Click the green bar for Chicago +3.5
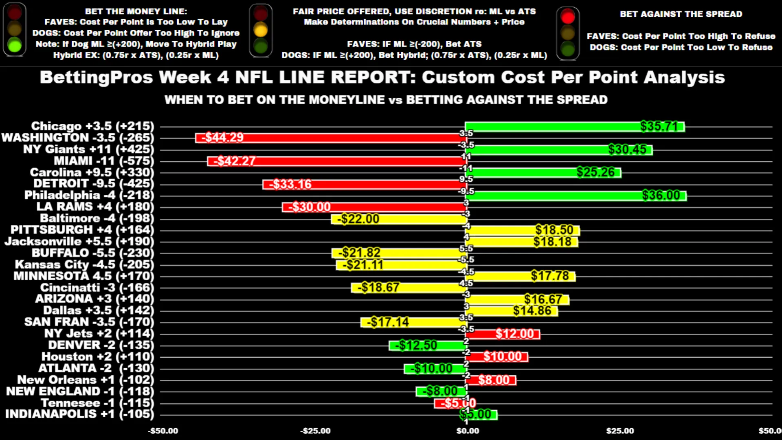coord(574,127)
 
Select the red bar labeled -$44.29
coord(331,138)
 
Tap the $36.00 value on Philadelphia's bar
coord(661,196)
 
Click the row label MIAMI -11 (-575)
coord(104,161)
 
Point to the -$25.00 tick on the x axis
coord(315,431)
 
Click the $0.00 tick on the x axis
coord(468,431)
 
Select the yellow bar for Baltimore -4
coord(399,219)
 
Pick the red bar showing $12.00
coord(503,334)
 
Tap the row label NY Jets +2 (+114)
coord(99,334)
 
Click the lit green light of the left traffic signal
coord(15,45)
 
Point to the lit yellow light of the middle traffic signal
coord(261,30)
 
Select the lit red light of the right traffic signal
coord(567,17)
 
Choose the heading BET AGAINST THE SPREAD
coord(681,14)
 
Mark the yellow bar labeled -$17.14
coord(413,322)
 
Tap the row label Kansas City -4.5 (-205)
coord(85,264)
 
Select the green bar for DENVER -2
coord(428,345)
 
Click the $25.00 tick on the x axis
coord(620,431)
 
